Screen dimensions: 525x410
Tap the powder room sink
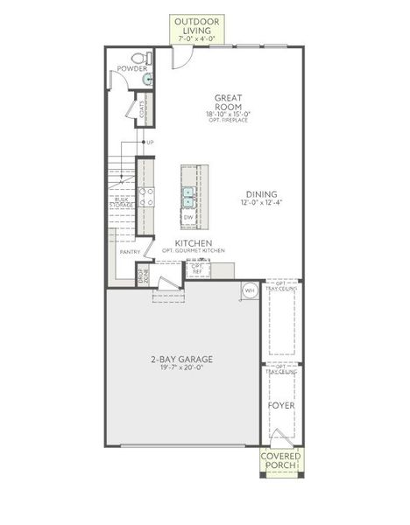[147, 79]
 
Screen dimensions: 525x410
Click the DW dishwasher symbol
[188, 216]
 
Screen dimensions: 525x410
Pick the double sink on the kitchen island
[188, 194]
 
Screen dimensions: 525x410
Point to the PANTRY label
[130, 252]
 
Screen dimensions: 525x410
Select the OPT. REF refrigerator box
[198, 266]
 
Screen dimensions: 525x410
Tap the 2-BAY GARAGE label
[181, 359]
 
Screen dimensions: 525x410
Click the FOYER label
[280, 407]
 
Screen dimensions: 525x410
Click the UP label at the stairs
[150, 142]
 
